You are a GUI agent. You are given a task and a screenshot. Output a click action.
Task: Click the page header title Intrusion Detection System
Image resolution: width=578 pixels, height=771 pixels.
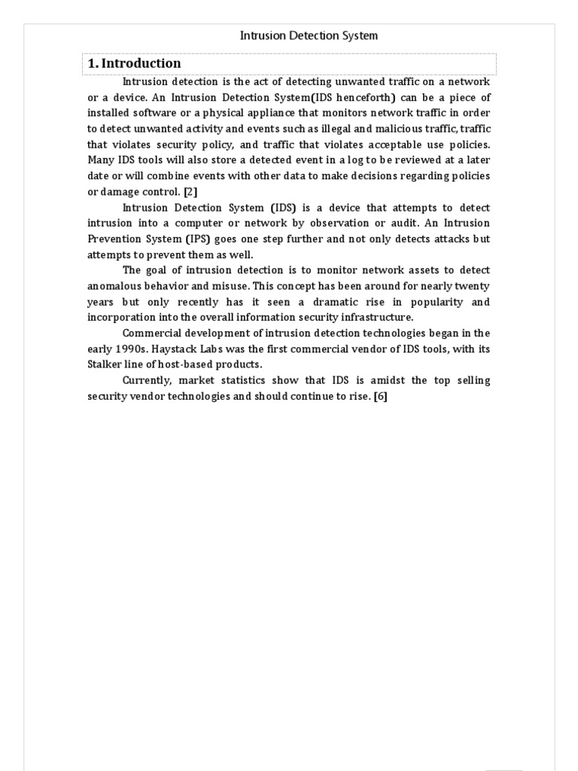pyautogui.click(x=309, y=35)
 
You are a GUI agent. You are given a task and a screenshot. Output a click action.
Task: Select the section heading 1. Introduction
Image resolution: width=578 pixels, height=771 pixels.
pyautogui.click(x=135, y=64)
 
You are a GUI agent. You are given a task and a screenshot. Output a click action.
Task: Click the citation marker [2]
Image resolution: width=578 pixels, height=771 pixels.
pyautogui.click(x=190, y=191)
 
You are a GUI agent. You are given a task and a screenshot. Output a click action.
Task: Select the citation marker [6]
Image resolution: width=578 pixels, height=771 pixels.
pyautogui.click(x=380, y=396)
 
